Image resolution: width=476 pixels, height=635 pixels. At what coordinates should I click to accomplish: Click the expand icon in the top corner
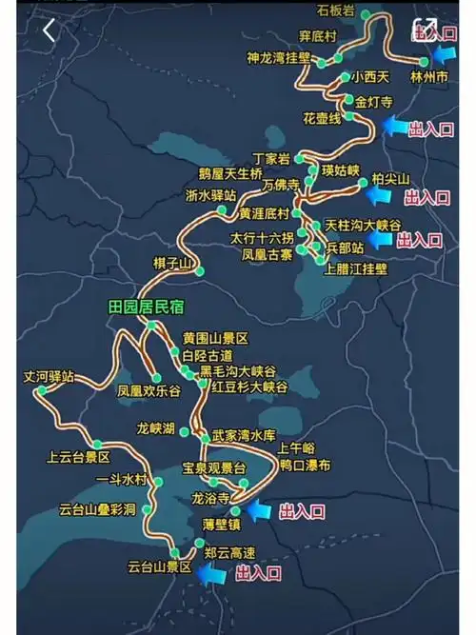click(425, 28)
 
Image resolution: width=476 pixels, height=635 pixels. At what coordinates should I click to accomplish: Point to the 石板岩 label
click(335, 10)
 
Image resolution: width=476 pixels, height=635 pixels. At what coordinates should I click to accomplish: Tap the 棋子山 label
click(172, 263)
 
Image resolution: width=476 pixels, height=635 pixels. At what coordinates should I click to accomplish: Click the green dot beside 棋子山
click(200, 271)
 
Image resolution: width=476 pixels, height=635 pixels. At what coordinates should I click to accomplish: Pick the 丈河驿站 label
click(49, 377)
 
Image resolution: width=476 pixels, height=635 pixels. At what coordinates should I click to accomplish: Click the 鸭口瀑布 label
click(306, 466)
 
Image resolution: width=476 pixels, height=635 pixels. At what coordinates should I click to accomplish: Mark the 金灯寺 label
click(374, 101)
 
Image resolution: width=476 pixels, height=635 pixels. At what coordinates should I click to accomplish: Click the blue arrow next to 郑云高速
click(211, 573)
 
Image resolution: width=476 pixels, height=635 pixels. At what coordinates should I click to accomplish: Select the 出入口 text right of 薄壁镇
click(302, 512)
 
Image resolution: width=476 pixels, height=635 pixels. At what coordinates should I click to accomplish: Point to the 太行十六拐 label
click(262, 236)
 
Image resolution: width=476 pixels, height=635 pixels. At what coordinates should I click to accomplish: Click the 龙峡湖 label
click(156, 429)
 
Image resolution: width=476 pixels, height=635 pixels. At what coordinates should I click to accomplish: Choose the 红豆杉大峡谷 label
click(249, 387)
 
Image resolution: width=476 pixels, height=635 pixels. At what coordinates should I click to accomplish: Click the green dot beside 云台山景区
click(173, 553)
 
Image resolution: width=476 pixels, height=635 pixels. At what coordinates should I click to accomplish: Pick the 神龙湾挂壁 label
click(278, 58)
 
